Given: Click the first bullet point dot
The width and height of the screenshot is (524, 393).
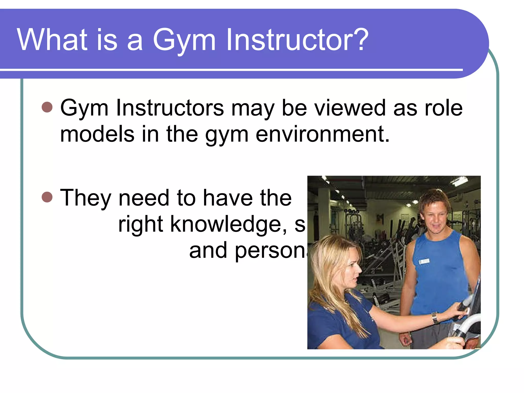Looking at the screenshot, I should (x=47, y=107).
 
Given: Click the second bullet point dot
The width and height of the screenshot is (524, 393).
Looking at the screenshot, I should (x=47, y=197).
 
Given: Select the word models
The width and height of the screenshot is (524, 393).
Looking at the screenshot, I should (x=97, y=134).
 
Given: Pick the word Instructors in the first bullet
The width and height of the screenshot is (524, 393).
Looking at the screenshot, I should (x=170, y=108).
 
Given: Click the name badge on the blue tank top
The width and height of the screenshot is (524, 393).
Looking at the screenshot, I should (x=424, y=261).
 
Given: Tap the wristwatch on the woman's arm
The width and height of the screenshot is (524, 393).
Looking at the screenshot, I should (x=435, y=318).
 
